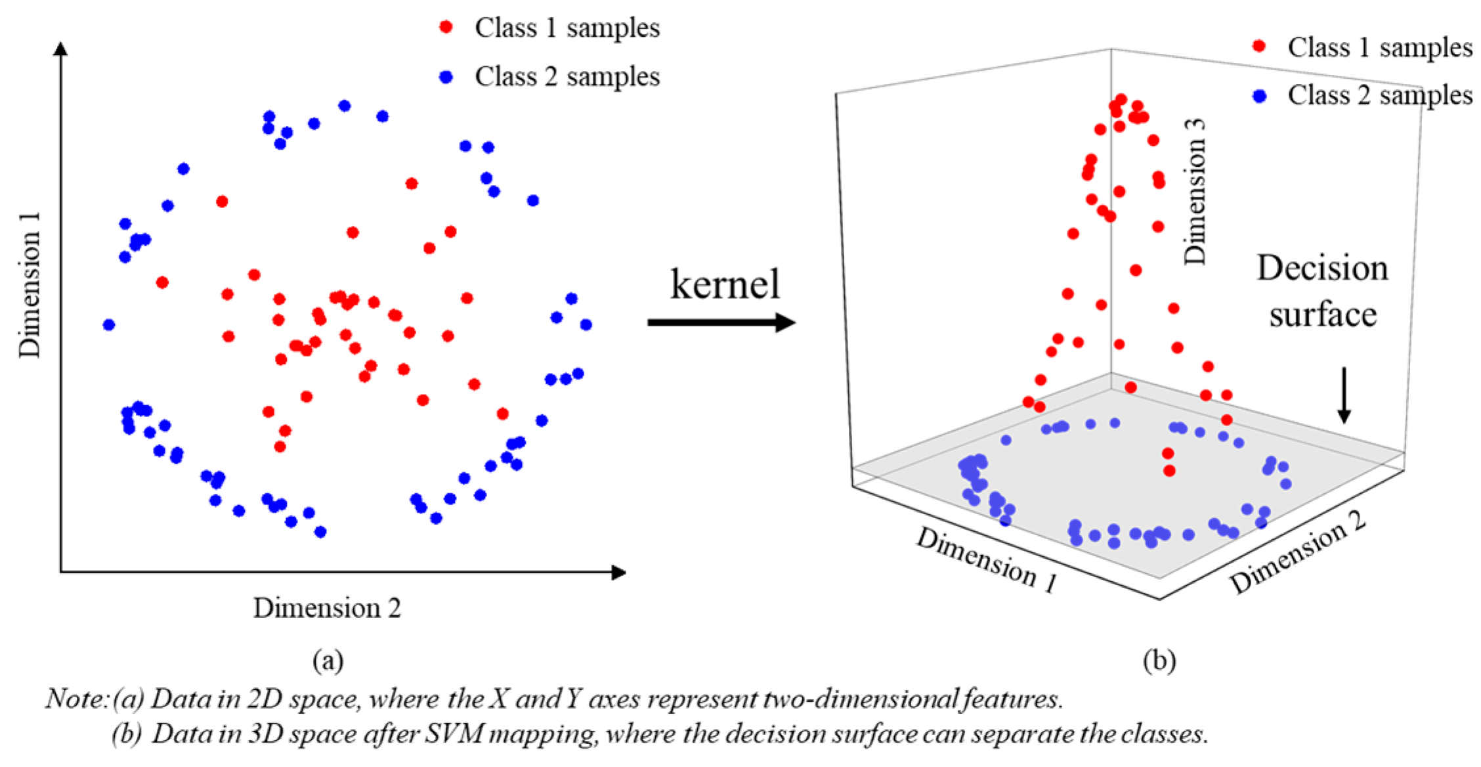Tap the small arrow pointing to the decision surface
click(x=1344, y=395)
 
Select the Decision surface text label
click(x=1322, y=291)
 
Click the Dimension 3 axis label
click(x=1195, y=192)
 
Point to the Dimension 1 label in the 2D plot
click(x=30, y=285)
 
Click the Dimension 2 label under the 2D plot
click(x=327, y=608)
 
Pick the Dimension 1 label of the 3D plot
click(x=987, y=559)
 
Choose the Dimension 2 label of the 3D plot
click(x=1298, y=553)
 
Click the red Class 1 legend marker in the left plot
click(x=446, y=27)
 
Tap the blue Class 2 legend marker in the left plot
click(x=446, y=77)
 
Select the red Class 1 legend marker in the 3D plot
click(x=1259, y=46)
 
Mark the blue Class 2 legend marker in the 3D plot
click(x=1259, y=96)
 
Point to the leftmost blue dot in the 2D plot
click(x=110, y=324)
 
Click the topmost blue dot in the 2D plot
click(x=345, y=106)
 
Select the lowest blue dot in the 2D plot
click(x=320, y=532)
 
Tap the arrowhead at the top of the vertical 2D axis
click(x=61, y=49)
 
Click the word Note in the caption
click(x=75, y=699)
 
